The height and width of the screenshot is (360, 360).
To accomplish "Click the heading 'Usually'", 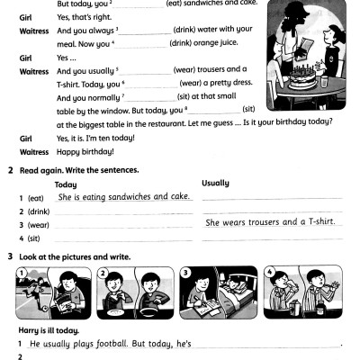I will pyautogui.click(x=216, y=183).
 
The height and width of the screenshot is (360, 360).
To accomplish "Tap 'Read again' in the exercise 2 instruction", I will pyautogui.click(x=40, y=170).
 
